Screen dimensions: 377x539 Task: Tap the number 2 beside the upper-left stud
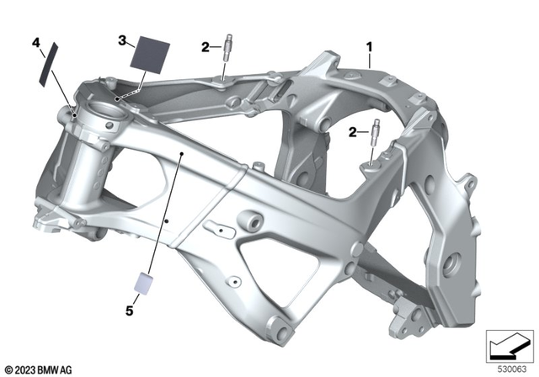pos(205,47)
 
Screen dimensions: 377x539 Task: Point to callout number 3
pos(122,40)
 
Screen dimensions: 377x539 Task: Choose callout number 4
pos(35,41)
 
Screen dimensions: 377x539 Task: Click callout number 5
pos(130,311)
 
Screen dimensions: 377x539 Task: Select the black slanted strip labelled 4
pos(47,64)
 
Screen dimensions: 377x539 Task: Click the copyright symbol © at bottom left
pos(8,368)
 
